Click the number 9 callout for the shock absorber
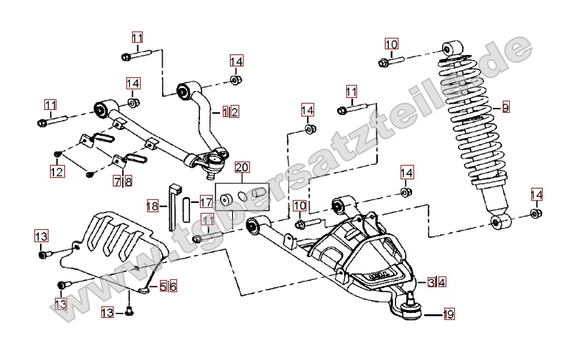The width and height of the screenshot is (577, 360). [x=506, y=109]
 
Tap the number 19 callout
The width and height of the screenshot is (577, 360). [x=448, y=313]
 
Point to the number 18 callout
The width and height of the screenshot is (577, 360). [x=151, y=206]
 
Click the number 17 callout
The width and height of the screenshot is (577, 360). [x=206, y=202]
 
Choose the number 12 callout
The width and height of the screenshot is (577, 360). [x=56, y=171]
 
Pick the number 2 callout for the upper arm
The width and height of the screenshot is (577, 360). [x=234, y=111]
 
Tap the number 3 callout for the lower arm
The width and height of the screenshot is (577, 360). [x=432, y=282]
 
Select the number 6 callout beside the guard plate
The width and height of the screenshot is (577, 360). [x=172, y=286]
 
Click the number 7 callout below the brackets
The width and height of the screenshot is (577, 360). [x=117, y=181]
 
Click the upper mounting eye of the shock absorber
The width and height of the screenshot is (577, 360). [x=451, y=49]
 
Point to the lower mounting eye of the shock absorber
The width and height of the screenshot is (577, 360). [x=499, y=222]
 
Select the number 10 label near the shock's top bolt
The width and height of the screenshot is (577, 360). [x=391, y=44]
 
